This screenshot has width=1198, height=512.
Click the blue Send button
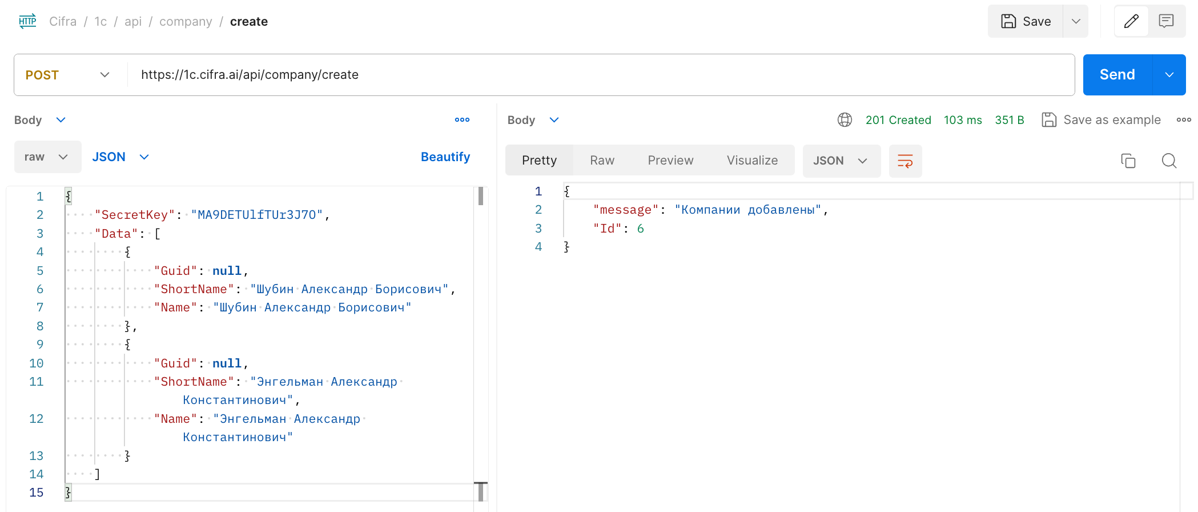coord(1117,75)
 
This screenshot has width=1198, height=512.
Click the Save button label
coord(1036,22)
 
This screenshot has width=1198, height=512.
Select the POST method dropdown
coord(67,75)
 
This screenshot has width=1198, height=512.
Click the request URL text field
coord(600,75)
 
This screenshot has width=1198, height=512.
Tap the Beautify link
coord(445,157)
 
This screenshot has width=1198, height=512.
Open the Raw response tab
coord(602,161)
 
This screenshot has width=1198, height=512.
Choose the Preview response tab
coord(670,161)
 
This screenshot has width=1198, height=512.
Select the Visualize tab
coord(752,161)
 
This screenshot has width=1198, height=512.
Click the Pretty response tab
coord(539,161)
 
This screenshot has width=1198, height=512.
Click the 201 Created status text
coord(898,120)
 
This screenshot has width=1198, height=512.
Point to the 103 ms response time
coord(963,120)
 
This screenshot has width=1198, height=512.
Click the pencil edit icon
coord(1131,22)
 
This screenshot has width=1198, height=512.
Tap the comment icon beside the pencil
coord(1166,22)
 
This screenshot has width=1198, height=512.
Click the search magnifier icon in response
coord(1169,161)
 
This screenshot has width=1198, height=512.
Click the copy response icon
coord(1128,161)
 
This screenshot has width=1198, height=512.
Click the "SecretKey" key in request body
coord(135,215)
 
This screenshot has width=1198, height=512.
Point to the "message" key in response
coord(626,210)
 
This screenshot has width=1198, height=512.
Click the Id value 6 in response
coord(640,229)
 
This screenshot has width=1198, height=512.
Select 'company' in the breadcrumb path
coord(186,22)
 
